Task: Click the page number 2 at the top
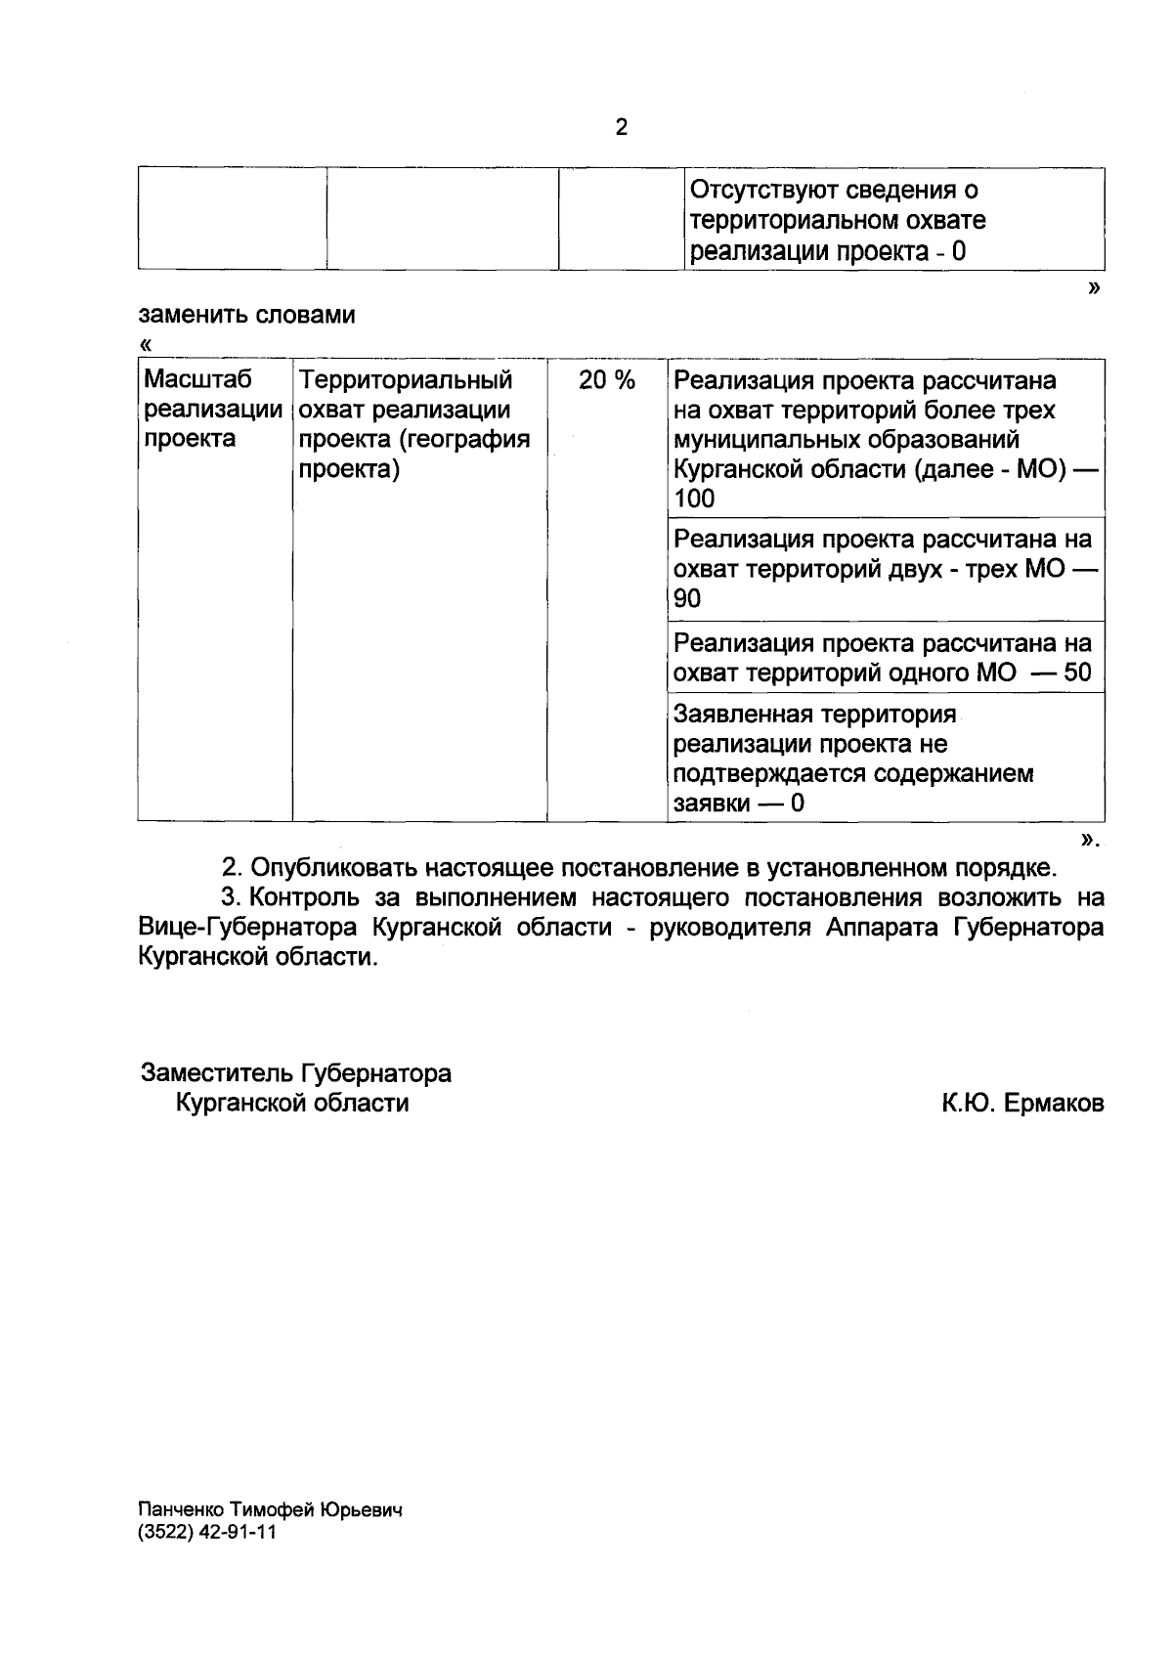pyautogui.click(x=621, y=127)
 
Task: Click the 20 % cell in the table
pyautogui.click(x=606, y=380)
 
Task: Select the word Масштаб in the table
pyautogui.click(x=197, y=379)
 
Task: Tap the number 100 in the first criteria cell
pyautogui.click(x=694, y=500)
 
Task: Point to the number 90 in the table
pyautogui.click(x=687, y=599)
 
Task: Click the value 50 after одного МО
pyautogui.click(x=1077, y=674)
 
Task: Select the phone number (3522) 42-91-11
pyautogui.click(x=208, y=1533)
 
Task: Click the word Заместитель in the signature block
pyautogui.click(x=216, y=1074)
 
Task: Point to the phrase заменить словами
pyautogui.click(x=247, y=316)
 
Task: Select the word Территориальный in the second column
pyautogui.click(x=406, y=379)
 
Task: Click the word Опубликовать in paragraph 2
pyautogui.click(x=341, y=867)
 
